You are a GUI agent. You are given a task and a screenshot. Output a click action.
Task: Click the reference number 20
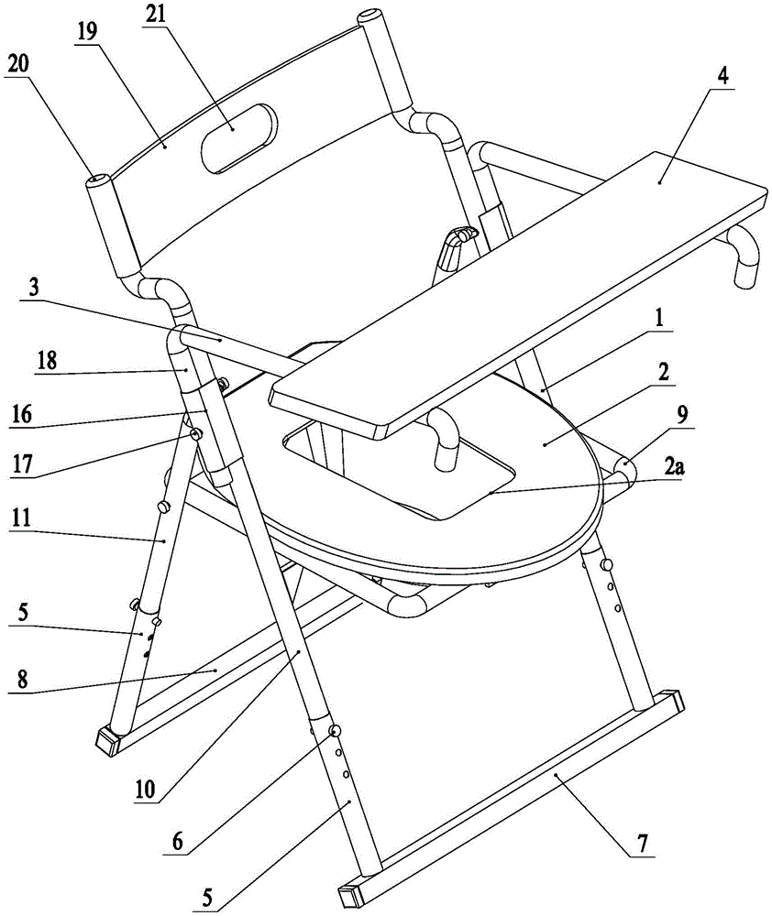[x=18, y=65]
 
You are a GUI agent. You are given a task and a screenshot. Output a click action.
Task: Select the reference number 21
[x=154, y=14]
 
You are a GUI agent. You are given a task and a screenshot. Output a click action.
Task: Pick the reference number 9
[x=683, y=415]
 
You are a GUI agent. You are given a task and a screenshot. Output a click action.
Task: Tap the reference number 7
[x=643, y=844]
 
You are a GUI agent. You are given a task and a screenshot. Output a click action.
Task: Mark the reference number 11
[x=21, y=518]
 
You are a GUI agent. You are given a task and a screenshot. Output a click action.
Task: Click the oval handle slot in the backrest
[x=239, y=138]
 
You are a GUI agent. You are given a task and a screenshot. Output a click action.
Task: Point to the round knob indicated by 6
[x=336, y=730]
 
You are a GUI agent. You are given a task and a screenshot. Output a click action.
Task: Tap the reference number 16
[x=21, y=415]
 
